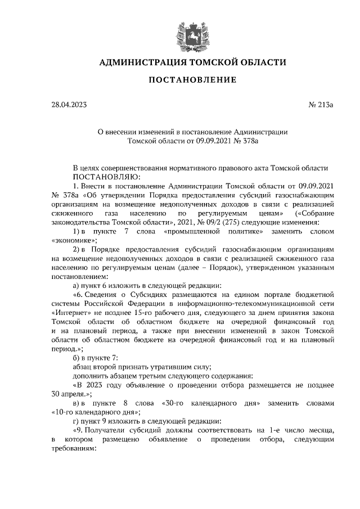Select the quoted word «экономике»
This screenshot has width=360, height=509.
73,239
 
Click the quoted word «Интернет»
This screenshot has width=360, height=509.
71,313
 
